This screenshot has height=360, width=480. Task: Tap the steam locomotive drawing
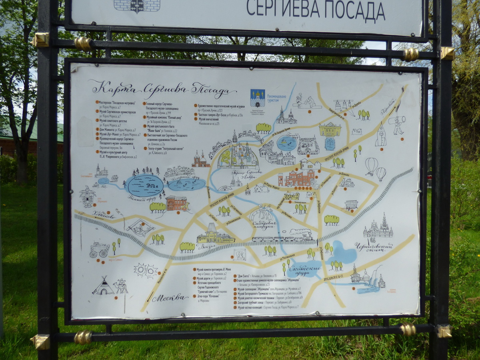click(301, 234)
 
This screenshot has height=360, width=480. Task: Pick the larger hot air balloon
click(371, 165)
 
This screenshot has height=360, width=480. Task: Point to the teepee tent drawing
click(103, 287)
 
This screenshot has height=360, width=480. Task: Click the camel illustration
click(120, 286)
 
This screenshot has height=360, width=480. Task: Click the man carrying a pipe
click(398, 125)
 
